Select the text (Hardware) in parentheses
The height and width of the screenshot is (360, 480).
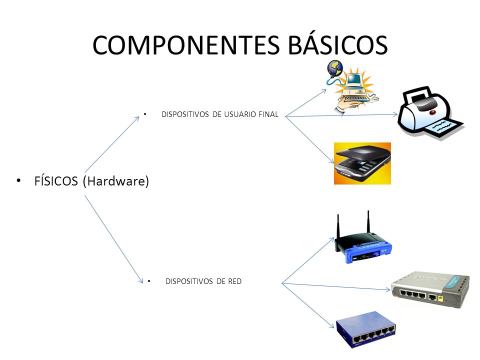[x=116, y=181]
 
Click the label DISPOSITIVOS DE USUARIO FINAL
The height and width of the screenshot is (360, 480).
[x=220, y=115]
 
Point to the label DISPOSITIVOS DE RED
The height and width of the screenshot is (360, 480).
[x=203, y=281]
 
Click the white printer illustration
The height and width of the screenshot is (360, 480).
[x=430, y=114]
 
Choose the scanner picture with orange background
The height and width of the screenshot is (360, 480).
[x=362, y=163]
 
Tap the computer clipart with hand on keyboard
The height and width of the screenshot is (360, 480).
[x=353, y=90]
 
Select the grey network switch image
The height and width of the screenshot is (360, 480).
[x=430, y=290]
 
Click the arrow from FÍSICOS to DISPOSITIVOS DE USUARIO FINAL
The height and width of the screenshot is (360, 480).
[x=112, y=144]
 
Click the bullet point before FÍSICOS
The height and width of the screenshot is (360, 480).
[x=19, y=180]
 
